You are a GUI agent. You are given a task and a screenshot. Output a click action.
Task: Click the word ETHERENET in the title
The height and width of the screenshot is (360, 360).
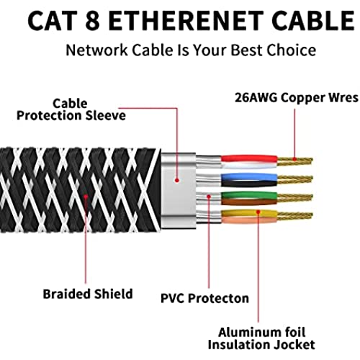[186, 21]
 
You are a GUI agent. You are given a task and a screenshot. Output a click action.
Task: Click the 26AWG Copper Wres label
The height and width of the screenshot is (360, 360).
[297, 98]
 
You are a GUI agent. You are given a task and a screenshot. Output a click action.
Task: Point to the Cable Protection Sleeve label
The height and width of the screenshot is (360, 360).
[71, 109]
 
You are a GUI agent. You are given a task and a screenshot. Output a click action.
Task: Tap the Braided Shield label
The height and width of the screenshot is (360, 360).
[88, 294]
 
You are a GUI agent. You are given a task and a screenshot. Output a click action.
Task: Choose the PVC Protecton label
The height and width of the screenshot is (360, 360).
[204, 298]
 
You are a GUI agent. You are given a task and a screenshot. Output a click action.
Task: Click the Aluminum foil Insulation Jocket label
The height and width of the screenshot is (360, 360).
[261, 338]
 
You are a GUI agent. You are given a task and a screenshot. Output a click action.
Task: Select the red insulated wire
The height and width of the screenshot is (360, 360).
[249, 158]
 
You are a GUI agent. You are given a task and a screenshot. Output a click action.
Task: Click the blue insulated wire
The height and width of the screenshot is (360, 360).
[249, 177]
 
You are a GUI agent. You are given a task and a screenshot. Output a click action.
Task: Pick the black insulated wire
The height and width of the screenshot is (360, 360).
[249, 184]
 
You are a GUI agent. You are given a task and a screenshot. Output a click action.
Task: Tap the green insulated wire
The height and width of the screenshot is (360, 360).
[249, 196]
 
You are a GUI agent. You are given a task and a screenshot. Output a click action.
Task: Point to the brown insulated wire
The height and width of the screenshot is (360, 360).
[249, 202]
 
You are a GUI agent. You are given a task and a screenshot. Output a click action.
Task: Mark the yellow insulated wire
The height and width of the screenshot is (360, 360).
[249, 213]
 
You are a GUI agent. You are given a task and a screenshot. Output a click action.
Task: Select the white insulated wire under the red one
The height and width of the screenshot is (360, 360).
[249, 166]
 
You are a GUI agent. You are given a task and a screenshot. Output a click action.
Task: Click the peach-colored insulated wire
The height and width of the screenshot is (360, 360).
[249, 220]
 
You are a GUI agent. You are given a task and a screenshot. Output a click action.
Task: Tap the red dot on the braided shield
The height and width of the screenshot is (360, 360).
[86, 197]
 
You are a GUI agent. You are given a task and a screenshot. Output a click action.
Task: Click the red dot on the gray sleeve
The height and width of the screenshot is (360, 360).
[177, 180]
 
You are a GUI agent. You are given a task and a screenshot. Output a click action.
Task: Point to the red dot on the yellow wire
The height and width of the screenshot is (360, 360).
[258, 212]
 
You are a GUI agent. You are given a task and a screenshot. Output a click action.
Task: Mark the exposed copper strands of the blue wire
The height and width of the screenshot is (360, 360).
[295, 180]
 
